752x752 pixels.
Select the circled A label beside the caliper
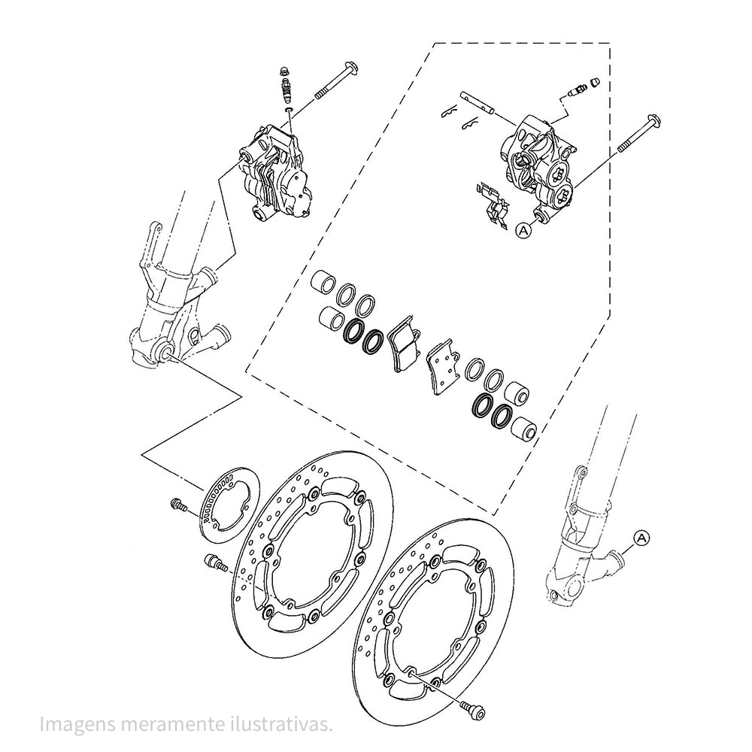[523, 231]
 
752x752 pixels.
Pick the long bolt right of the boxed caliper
[638, 133]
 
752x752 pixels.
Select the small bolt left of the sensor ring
[178, 505]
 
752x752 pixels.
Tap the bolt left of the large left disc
[215, 562]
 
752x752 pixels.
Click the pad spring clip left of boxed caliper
[491, 205]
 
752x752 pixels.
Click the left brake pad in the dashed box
[405, 343]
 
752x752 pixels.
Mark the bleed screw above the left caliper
[286, 86]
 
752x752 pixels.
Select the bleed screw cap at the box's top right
[594, 83]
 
